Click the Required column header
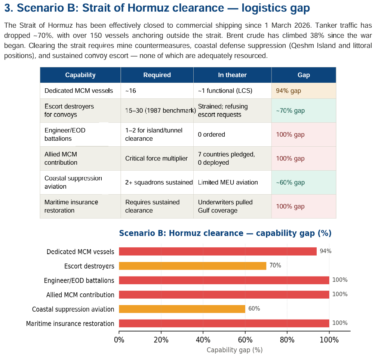click(x=157, y=75)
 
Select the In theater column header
click(x=232, y=75)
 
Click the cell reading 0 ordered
click(x=211, y=134)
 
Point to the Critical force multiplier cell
click(x=156, y=158)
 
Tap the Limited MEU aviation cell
click(x=228, y=182)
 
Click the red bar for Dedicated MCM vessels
click(x=218, y=251)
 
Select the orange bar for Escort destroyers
click(x=193, y=266)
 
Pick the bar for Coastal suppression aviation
click(x=182, y=309)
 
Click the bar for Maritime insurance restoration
click(x=224, y=323)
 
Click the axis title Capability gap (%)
click(x=234, y=350)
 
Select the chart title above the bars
click(x=225, y=233)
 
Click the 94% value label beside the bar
click(x=325, y=251)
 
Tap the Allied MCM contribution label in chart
click(x=80, y=295)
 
